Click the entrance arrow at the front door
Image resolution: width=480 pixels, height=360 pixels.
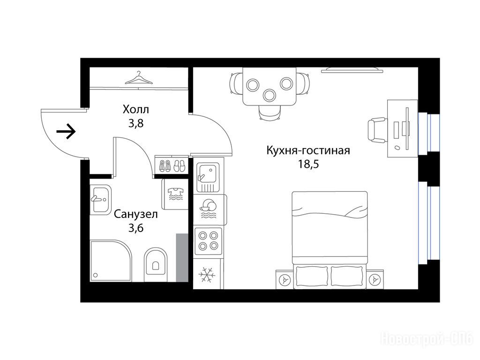pos(66,132)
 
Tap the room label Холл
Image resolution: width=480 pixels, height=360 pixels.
pos(135,109)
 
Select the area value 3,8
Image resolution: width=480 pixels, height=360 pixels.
pos(136,123)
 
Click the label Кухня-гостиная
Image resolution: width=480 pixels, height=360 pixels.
pos(308,150)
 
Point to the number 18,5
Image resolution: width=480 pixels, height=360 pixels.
pos(308,165)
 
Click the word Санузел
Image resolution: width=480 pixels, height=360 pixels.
pos(135,214)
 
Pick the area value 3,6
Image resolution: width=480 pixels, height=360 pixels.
pos(136,228)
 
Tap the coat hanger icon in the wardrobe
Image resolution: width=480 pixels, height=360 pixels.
pos(139,78)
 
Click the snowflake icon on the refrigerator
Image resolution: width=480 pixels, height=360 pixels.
pos(207,275)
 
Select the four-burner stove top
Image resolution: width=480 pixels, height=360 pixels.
pos(208,241)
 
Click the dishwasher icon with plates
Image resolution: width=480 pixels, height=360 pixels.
pos(208,209)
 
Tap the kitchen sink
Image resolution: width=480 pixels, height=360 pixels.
pos(208,177)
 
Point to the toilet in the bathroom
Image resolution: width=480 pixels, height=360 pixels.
pos(156,265)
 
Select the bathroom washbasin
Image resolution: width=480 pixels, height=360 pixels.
pos(100,200)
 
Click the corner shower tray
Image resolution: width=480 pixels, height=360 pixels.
pos(111,261)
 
